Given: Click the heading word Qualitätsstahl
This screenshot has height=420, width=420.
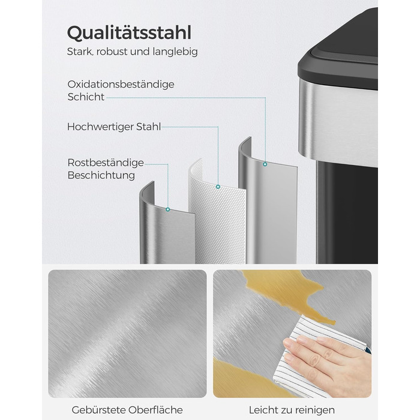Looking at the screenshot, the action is pyautogui.click(x=129, y=33).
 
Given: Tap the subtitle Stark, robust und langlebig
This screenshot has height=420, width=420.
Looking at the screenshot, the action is pyautogui.click(x=133, y=52).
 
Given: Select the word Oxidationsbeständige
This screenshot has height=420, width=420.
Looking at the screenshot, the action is pyautogui.click(x=121, y=85).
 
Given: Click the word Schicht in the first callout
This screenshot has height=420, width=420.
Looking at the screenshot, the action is pyautogui.click(x=86, y=97).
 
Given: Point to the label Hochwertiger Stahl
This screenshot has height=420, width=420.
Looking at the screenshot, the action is pyautogui.click(x=114, y=127).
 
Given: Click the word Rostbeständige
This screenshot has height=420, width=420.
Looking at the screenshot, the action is pyautogui.click(x=106, y=163).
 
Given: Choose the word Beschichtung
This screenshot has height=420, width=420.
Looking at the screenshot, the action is pyautogui.click(x=101, y=175).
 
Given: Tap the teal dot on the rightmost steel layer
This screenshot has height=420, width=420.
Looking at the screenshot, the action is pyautogui.click(x=265, y=164).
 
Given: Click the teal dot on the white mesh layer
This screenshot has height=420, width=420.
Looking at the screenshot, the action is pyautogui.click(x=218, y=187).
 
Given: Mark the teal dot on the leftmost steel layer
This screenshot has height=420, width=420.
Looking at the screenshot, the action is pyautogui.click(x=167, y=209).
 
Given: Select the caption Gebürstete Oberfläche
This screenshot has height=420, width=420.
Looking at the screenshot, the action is pyautogui.click(x=127, y=410).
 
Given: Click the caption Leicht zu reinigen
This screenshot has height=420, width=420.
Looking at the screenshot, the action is pyautogui.click(x=292, y=410).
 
